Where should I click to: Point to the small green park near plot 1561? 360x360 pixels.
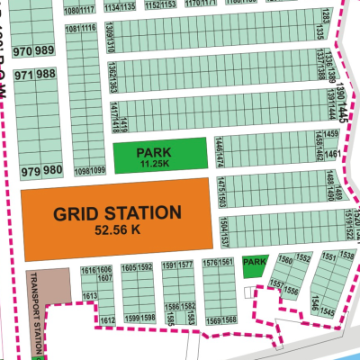point(255,262)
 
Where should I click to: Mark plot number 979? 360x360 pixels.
point(32,170)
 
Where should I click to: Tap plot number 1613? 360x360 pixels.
point(89,295)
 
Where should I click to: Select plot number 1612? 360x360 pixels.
point(107,320)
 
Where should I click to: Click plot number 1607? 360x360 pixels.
point(105,278)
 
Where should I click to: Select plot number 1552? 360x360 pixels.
point(304,258)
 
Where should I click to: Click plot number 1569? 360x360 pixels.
point(213,319)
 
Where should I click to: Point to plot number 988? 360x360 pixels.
point(53,75)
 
